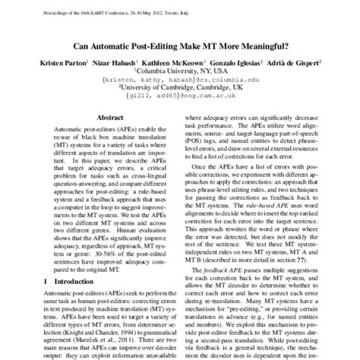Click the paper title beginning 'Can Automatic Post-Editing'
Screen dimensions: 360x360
coord(179,45)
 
